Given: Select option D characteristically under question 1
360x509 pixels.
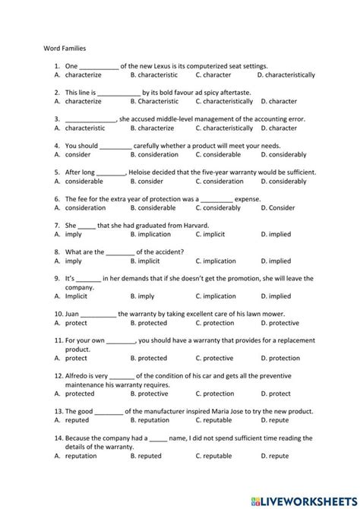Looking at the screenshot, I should (x=286, y=75).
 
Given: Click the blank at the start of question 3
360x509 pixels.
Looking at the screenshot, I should (x=90, y=119).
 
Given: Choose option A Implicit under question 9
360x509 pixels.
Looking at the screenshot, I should (x=78, y=296).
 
